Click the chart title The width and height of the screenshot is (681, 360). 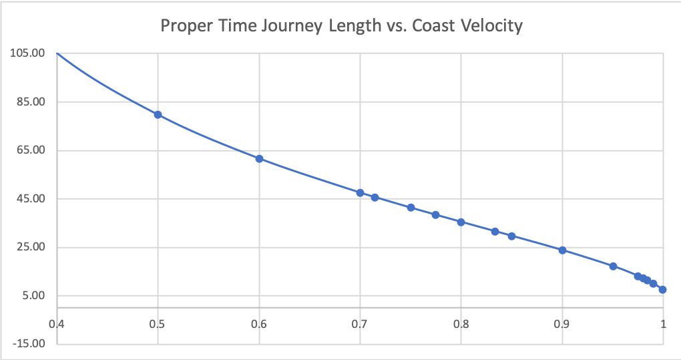341,27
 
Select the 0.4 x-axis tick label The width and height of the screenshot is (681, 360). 57,325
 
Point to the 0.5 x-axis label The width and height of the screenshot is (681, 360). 158,325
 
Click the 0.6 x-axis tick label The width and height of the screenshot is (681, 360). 259,325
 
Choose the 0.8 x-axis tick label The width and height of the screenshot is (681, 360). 461,325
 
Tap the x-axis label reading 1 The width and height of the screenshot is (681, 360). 663,325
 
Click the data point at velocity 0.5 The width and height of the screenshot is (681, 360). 158,114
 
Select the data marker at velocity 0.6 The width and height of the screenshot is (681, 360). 259,158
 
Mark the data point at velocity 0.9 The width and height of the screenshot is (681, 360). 562,250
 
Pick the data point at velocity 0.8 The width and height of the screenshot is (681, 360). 461,222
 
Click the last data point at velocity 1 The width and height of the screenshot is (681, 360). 662,290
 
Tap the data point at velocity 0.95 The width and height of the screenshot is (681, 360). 613,266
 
